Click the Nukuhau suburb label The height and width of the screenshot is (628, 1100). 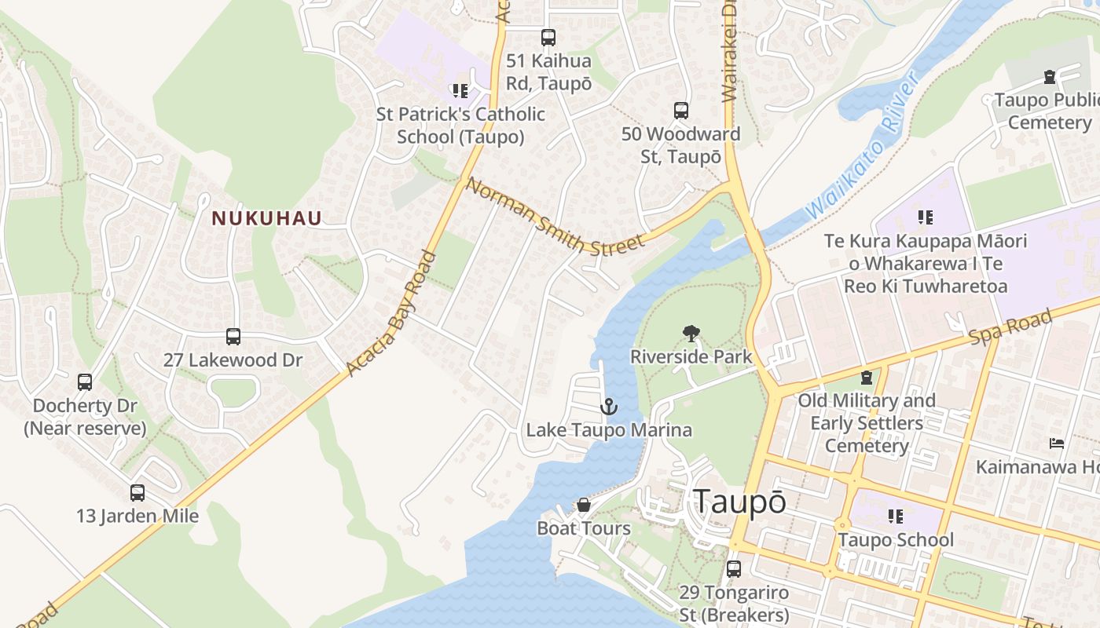click(266, 218)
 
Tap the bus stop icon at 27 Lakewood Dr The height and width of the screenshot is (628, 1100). click(233, 337)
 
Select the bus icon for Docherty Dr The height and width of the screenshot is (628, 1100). click(85, 382)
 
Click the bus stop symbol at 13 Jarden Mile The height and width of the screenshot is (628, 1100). click(137, 493)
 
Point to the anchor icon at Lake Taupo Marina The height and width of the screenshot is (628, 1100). click(608, 407)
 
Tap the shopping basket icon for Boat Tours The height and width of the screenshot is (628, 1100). click(584, 505)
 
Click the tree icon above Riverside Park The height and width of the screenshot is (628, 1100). click(691, 334)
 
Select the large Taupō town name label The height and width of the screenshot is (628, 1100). click(739, 502)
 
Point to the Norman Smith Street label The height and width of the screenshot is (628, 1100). click(555, 217)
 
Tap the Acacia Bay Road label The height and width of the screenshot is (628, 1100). click(390, 312)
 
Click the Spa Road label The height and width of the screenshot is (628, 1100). click(1010, 327)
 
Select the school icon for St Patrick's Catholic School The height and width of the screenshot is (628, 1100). click(460, 91)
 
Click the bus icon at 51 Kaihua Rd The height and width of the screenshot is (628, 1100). click(548, 37)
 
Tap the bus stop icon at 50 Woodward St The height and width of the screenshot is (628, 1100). click(681, 111)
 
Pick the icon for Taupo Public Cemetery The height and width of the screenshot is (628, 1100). click(1050, 77)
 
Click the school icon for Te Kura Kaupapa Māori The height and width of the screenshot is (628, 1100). click(926, 217)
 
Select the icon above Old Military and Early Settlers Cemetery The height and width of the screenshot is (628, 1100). click(867, 378)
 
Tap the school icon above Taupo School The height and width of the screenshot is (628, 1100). click(896, 517)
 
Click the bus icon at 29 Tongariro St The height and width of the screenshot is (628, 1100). click(734, 568)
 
